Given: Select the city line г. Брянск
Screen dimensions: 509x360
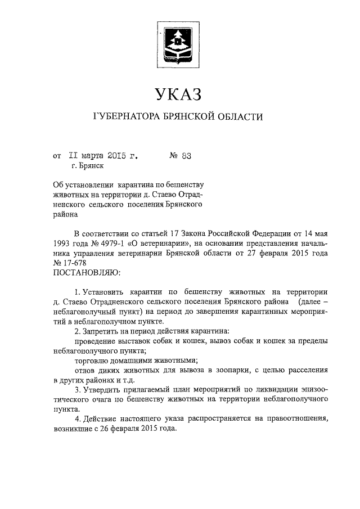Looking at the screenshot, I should pos(87,165).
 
